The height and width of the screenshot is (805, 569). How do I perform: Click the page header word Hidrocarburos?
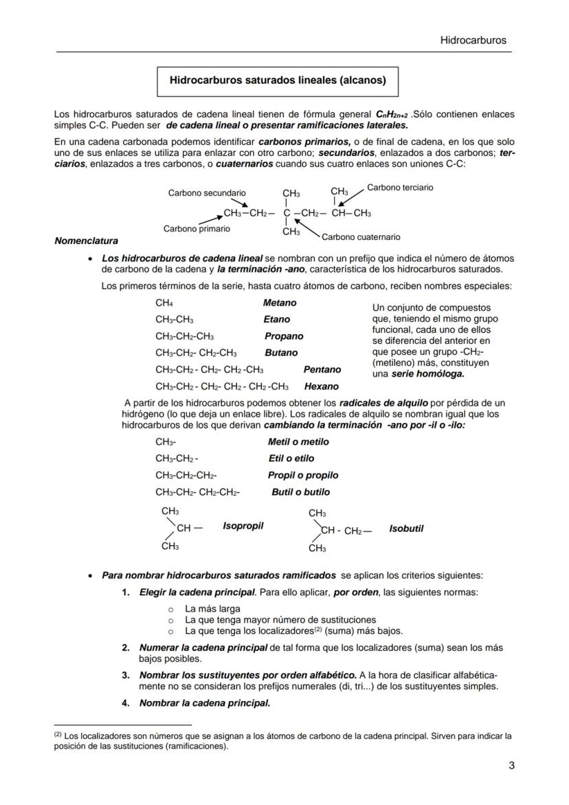tap(473, 40)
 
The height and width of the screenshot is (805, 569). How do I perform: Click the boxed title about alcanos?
tap(278, 80)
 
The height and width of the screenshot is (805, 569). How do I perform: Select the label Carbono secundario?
tap(206, 193)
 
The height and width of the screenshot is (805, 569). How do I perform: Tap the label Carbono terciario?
tap(400, 188)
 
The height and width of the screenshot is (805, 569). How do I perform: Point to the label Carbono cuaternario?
tap(361, 237)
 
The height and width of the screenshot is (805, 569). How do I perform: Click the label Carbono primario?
tap(197, 228)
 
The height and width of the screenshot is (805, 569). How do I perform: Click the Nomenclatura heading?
tap(86, 241)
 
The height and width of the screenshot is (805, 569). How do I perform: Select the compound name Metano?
tap(280, 302)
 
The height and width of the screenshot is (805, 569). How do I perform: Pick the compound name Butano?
tap(281, 353)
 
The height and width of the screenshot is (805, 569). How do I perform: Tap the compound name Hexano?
tap(321, 386)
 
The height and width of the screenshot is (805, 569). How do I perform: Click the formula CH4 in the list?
tap(164, 302)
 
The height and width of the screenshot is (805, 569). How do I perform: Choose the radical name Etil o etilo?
tap(291, 459)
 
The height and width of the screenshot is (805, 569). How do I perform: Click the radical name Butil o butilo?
tap(300, 492)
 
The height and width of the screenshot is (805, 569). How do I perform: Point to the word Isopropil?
tap(243, 526)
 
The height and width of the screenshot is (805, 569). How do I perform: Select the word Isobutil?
tap(405, 529)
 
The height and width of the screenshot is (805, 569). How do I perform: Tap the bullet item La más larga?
tap(212, 608)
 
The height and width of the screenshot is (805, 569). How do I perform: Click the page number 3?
tap(511, 766)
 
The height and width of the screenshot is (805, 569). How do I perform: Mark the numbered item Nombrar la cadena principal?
tap(204, 703)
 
